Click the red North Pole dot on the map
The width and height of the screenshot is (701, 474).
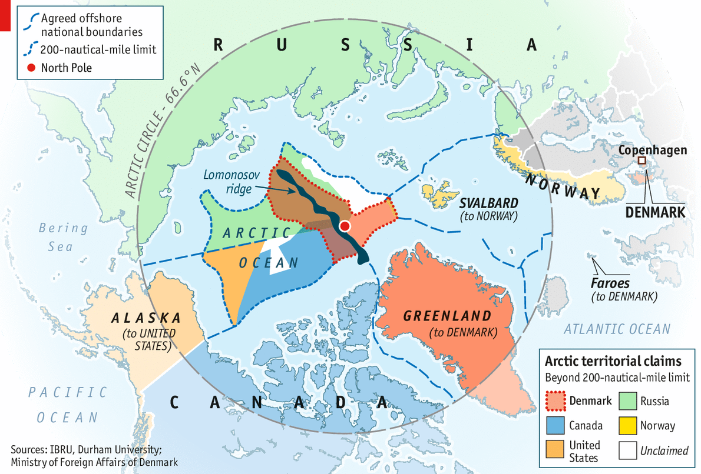click(x=345, y=226)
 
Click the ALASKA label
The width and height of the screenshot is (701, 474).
click(x=146, y=318)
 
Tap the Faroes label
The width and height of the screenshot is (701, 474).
click(x=610, y=284)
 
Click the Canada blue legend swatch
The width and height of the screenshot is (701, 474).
click(x=554, y=425)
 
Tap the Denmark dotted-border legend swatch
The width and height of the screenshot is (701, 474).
click(x=554, y=402)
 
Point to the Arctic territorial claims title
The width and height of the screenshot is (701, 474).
click(x=613, y=360)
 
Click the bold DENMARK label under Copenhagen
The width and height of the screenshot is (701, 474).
click(x=655, y=212)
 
